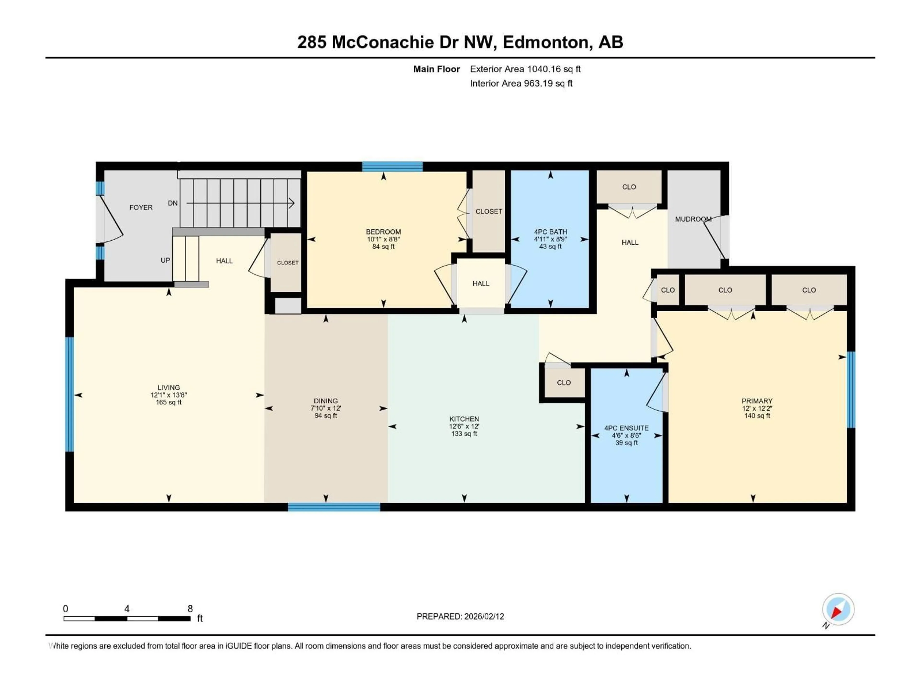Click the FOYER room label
(141, 208)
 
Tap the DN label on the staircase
(173, 203)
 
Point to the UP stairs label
(165, 260)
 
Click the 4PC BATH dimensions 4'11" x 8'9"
(550, 239)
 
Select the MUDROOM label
(693, 219)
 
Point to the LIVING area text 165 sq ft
(169, 402)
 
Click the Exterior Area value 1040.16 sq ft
(554, 69)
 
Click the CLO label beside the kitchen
(564, 383)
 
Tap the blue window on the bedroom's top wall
(392, 167)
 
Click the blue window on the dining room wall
(334, 507)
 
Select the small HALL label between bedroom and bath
(481, 284)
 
